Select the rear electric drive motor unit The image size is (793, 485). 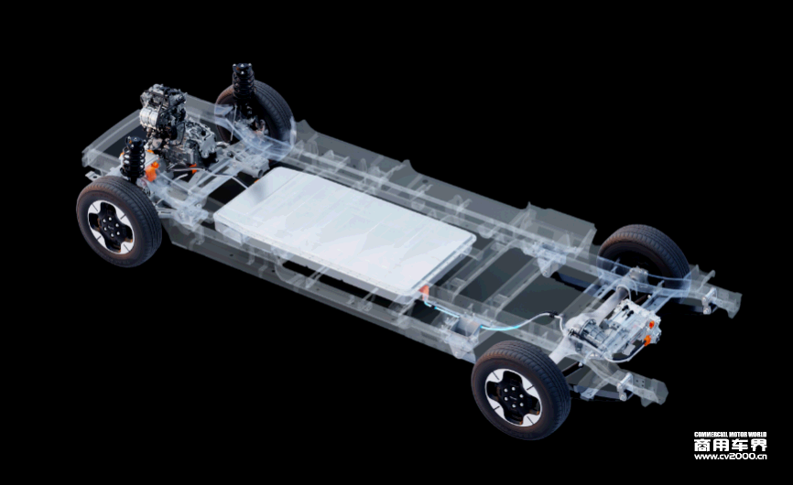[x=614, y=328]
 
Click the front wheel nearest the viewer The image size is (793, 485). [x=119, y=221]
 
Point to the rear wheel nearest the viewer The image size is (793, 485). [x=521, y=390]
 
